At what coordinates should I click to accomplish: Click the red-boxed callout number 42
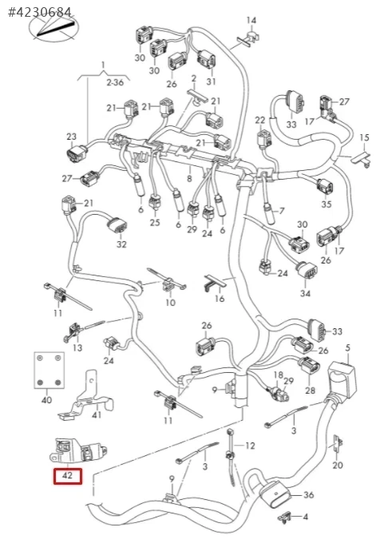tap(67, 475)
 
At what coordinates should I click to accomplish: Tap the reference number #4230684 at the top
tap(40, 12)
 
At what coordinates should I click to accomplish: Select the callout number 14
tap(251, 21)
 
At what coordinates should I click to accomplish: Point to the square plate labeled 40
tap(49, 371)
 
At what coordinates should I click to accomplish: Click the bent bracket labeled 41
tap(87, 398)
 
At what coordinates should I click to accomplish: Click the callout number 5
tap(347, 348)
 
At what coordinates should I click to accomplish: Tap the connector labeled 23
tap(77, 153)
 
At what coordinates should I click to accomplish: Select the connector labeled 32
tap(117, 228)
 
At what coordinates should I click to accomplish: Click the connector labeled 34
tap(307, 270)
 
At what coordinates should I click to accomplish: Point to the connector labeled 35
tap(325, 188)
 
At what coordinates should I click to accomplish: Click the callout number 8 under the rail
tap(189, 179)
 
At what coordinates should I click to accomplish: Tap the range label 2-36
tap(115, 83)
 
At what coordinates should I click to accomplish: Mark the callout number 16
tap(220, 299)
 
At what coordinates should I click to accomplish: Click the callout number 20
tap(338, 465)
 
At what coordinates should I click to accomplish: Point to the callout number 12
tap(250, 446)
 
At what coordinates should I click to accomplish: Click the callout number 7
tap(282, 211)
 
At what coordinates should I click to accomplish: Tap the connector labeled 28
tap(309, 367)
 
